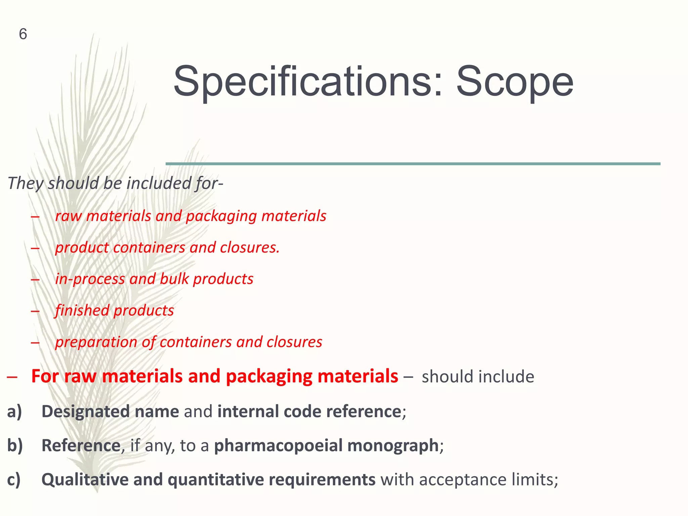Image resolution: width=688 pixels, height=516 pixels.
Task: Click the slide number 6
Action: coord(23,34)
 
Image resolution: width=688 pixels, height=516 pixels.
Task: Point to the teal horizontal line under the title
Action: coord(413,164)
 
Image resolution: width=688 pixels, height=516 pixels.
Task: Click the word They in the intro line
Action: coord(26,183)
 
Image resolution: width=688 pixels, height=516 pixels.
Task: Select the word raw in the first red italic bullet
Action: coord(69,216)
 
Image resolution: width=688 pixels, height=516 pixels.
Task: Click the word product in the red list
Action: coord(82,248)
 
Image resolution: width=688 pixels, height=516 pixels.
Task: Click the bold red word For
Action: coord(45,376)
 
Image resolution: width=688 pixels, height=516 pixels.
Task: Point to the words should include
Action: coord(478,377)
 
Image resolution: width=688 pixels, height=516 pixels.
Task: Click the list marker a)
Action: coord(14,412)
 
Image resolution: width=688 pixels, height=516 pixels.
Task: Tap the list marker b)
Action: coord(15,445)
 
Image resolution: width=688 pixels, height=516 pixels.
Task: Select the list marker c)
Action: coord(14,480)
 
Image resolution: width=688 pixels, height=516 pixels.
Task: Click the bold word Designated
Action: coord(85,412)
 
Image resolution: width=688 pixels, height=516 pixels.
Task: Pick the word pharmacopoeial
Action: coord(278,446)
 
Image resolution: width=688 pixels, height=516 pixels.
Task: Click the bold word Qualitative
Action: coord(85,480)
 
